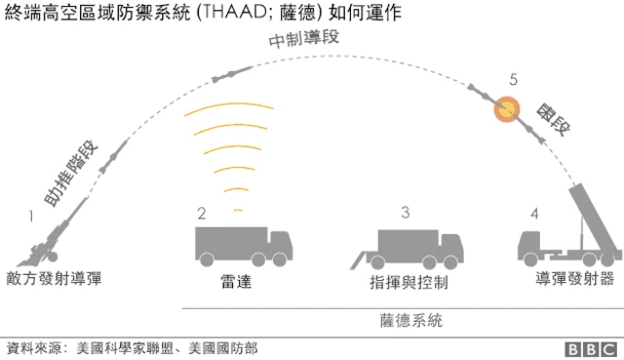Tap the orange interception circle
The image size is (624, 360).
[506, 109]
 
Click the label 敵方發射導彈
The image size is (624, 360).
[53, 279]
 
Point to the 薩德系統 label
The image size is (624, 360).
[410, 318]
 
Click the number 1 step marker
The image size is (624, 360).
[31, 213]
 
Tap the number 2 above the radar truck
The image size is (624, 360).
[202, 213]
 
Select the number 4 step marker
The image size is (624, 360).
[533, 213]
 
